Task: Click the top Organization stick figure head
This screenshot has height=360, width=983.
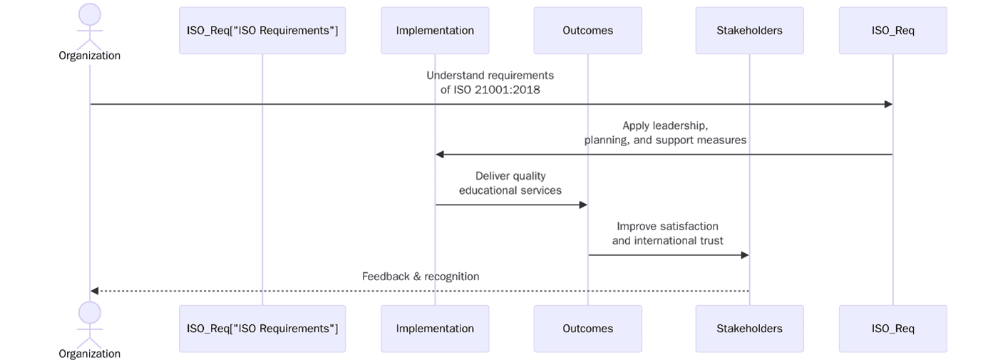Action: [x=90, y=15]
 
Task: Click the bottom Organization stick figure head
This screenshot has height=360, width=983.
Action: [x=90, y=313]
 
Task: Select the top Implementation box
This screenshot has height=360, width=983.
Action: [x=435, y=31]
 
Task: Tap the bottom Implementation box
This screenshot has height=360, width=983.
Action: [x=435, y=329]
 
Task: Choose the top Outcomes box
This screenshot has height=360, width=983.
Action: [x=587, y=31]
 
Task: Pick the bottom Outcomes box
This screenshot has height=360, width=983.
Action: [x=587, y=329]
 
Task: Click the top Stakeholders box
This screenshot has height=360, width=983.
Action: [x=749, y=31]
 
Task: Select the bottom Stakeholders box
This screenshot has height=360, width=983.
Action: [x=749, y=329]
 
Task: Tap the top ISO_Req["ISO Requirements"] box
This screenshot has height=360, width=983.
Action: [x=262, y=31]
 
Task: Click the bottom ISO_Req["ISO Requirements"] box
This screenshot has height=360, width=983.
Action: [x=262, y=329]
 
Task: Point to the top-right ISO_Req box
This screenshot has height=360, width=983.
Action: [x=892, y=31]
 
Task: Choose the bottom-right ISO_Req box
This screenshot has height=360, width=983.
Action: [x=892, y=329]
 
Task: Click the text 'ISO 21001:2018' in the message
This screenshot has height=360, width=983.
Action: [x=497, y=90]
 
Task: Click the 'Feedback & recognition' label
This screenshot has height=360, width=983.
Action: [x=421, y=277]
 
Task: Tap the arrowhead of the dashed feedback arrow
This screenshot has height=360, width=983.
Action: [x=95, y=291]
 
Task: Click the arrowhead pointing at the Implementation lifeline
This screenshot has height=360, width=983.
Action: [x=440, y=155]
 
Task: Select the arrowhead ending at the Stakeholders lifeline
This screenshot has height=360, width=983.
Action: [x=745, y=255]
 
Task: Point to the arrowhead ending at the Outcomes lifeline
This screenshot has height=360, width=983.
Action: [x=583, y=205]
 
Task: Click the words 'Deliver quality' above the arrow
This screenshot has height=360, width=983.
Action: [x=510, y=176]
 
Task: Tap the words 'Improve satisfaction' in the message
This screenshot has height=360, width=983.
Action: [x=667, y=226]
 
